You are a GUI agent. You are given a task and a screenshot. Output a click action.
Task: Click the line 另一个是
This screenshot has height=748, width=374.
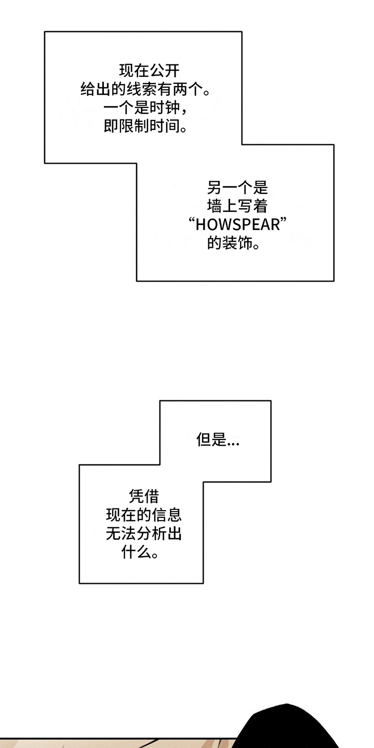[x=237, y=186]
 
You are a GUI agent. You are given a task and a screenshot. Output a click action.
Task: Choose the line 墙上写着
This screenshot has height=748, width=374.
[x=237, y=206]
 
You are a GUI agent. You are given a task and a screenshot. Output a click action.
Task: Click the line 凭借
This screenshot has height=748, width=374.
[x=143, y=497]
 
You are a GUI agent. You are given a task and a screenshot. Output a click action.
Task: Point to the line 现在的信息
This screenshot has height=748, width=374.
[x=143, y=515]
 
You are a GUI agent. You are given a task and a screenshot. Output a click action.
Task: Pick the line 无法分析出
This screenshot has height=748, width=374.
[x=143, y=534]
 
